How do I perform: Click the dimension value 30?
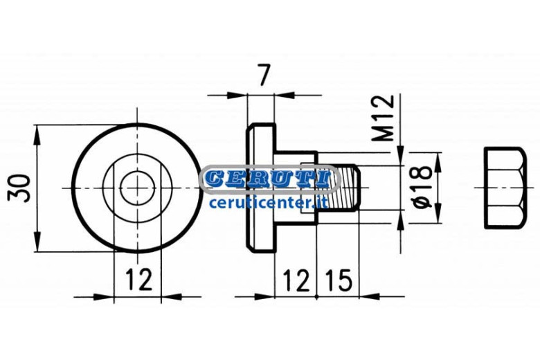pos(19,188)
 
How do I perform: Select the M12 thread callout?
pos(383,118)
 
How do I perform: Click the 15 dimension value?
pos(339,280)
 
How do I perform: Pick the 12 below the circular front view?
pos(138,279)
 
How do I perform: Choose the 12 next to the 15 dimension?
pos(296,280)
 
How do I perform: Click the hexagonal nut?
pos(505,188)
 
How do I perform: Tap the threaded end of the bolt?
pos(343,188)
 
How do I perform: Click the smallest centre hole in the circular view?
pos(137,188)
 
